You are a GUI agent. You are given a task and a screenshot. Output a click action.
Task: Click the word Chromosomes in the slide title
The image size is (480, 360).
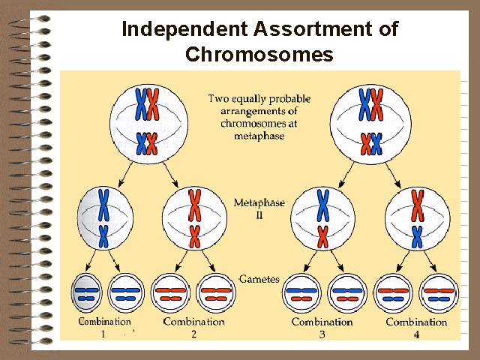[259, 55]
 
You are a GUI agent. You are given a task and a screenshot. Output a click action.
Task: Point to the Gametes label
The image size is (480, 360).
[259, 279]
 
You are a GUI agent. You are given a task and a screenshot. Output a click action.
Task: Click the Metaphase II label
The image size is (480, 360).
[259, 209]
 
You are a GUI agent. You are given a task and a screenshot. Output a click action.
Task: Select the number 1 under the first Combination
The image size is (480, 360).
[103, 334]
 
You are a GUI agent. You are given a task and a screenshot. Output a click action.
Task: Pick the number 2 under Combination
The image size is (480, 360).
[193, 334]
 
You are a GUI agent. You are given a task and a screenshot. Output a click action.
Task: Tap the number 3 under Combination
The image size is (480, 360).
[322, 334]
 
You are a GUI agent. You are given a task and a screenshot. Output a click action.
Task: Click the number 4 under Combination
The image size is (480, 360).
[416, 334]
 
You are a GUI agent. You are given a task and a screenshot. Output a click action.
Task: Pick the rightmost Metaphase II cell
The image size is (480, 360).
[418, 217]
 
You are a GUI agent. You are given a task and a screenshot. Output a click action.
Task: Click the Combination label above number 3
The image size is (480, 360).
[322, 322]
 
